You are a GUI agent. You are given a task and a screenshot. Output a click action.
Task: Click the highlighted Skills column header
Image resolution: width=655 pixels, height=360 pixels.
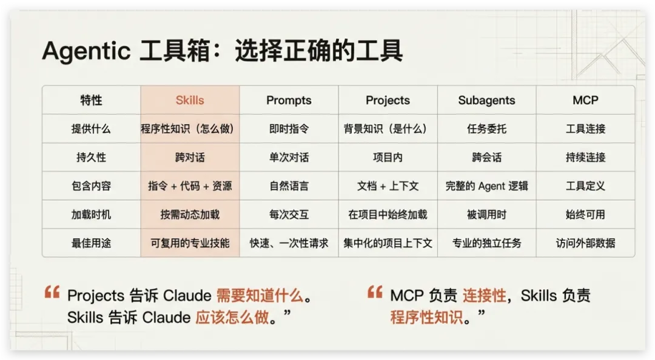click(x=190, y=100)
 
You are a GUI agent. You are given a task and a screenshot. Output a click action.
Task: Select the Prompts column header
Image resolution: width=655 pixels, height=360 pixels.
click(x=289, y=100)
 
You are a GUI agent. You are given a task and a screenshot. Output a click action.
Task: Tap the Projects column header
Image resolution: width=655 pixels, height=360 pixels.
click(x=388, y=100)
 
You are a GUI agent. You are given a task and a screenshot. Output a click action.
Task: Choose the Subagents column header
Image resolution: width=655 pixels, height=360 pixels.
click(x=486, y=100)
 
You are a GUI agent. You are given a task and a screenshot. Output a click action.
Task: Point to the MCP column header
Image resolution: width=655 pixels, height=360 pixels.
click(x=585, y=100)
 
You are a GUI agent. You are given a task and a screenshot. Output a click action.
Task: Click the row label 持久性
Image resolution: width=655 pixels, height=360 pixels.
click(x=91, y=158)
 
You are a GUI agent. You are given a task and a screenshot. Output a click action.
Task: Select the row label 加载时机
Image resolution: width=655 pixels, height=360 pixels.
click(x=91, y=215)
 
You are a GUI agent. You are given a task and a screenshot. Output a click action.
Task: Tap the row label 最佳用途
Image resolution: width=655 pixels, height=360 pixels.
click(x=91, y=243)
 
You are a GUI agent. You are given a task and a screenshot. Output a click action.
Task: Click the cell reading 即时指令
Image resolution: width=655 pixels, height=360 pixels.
click(x=289, y=128)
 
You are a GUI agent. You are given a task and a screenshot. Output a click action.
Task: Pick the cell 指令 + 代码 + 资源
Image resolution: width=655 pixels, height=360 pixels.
click(x=190, y=186)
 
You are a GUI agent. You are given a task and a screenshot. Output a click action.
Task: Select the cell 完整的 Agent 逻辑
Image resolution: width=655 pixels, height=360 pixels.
click(x=486, y=186)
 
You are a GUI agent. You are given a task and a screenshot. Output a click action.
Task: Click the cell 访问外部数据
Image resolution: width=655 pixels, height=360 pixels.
click(x=585, y=243)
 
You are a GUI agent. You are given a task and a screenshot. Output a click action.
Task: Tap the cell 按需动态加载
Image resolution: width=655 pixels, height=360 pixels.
click(x=190, y=215)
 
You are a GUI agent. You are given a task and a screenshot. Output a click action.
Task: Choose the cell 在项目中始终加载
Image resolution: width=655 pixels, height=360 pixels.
click(x=388, y=215)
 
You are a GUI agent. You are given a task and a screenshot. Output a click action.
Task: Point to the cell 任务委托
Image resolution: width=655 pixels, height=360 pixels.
click(x=486, y=128)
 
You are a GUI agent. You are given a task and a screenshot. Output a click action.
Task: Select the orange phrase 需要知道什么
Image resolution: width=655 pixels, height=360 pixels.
click(x=260, y=296)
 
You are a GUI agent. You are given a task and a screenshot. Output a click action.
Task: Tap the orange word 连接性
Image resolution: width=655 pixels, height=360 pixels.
click(x=485, y=296)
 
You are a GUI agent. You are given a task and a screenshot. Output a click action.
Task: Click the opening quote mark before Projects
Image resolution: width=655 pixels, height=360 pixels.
click(x=52, y=292)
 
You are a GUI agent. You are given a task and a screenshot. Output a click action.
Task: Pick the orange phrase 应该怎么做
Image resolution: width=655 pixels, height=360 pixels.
click(x=232, y=318)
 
